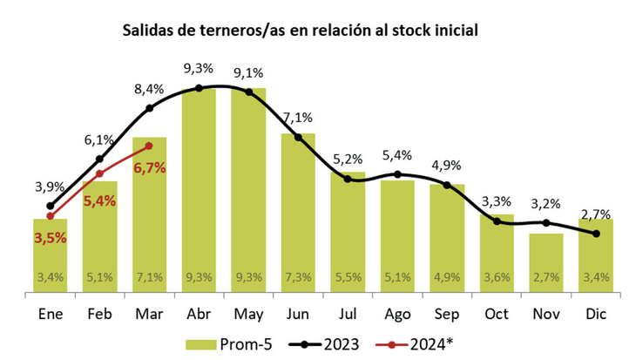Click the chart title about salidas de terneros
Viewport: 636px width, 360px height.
(x=300, y=31)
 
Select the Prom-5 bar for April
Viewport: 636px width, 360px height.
(x=199, y=192)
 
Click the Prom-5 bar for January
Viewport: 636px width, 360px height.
(x=50, y=257)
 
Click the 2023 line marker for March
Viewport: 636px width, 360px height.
(x=149, y=108)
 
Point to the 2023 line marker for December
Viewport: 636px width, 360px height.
(x=596, y=234)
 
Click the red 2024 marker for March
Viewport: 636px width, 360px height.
(x=149, y=146)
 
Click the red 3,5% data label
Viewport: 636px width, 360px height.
(x=50, y=238)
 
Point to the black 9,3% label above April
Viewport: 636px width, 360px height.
(x=199, y=67)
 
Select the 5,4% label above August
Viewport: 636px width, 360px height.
(x=397, y=155)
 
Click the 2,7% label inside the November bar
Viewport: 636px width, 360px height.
(x=545, y=278)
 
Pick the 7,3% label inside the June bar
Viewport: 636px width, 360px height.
(x=298, y=278)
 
